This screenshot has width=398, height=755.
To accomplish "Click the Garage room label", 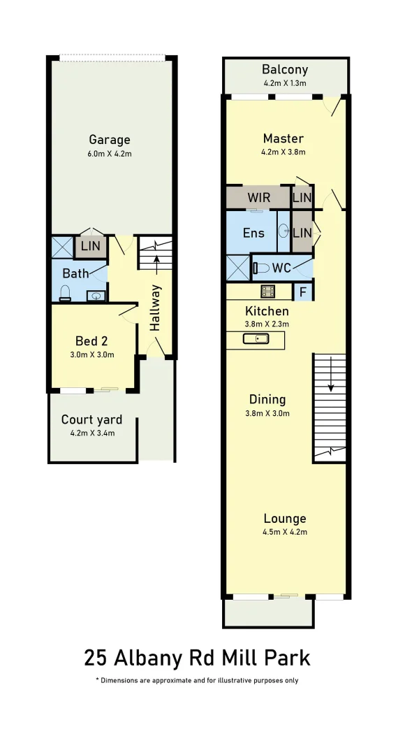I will point(110,139).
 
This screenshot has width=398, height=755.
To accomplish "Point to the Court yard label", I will point(91,419).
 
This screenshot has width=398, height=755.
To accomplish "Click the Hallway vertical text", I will point(156,307).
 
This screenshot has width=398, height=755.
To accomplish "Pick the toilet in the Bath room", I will point(65,293).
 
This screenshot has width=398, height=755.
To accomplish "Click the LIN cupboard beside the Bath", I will point(90,246).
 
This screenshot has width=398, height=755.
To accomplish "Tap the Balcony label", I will point(285,70).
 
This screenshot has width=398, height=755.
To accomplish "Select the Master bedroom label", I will point(283,138).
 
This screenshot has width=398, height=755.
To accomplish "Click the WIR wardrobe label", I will point(258,197).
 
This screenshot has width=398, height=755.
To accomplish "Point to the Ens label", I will point(253,233).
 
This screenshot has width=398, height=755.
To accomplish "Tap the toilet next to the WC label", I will point(262,267).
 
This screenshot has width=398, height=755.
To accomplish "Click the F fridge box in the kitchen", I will point(303,291).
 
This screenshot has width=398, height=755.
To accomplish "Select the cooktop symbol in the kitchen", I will point(267,291).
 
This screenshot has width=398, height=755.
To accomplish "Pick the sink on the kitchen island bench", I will point(256,339).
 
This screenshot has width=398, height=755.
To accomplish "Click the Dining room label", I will point(267,399).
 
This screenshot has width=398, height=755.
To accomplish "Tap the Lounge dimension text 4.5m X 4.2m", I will point(285,532).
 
